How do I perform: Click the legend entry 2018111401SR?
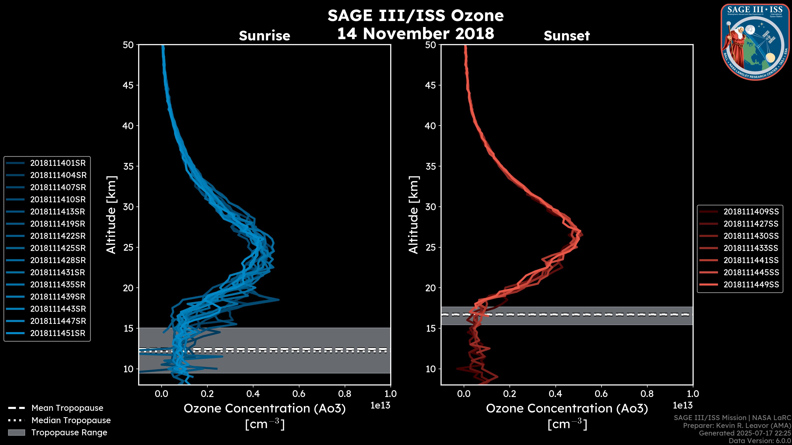click(x=58, y=163)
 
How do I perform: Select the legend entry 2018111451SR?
click(x=58, y=333)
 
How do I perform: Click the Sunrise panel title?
click(x=264, y=36)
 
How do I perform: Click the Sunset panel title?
click(x=567, y=36)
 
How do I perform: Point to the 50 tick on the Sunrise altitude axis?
click(x=128, y=45)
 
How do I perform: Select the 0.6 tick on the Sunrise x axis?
click(x=299, y=394)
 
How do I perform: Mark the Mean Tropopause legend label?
click(x=67, y=408)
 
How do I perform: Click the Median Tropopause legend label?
click(x=71, y=420)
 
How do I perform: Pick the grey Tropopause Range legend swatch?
click(x=16, y=433)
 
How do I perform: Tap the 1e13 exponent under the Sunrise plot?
click(x=380, y=406)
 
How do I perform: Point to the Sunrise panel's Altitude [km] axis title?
click(x=111, y=215)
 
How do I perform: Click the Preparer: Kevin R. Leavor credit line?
click(x=737, y=426)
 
